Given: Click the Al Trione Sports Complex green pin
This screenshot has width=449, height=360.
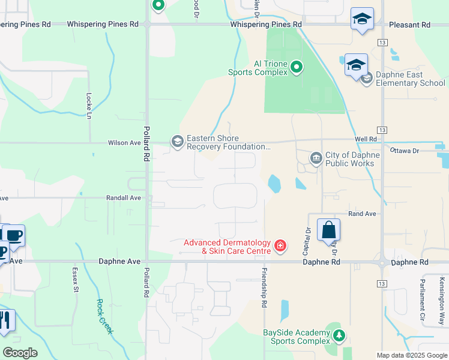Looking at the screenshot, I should (x=297, y=68).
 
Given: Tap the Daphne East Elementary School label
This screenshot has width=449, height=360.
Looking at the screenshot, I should (x=411, y=79).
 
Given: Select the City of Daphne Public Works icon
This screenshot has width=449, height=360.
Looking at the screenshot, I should (x=316, y=158).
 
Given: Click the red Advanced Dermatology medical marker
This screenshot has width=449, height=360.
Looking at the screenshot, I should (x=279, y=245).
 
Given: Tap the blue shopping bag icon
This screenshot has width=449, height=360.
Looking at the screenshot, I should (x=328, y=230).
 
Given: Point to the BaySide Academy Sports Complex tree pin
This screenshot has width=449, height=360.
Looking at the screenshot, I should (x=340, y=336).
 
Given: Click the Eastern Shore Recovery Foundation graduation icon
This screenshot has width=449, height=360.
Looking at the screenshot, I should (x=177, y=142).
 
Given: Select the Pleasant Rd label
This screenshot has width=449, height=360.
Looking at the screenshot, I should (x=409, y=25).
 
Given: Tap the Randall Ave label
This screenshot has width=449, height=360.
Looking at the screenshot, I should (x=124, y=197).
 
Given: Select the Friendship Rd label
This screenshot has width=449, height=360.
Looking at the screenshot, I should (x=264, y=289).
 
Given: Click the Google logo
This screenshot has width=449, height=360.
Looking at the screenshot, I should (x=20, y=353).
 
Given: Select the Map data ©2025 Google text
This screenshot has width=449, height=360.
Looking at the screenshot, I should (x=412, y=355).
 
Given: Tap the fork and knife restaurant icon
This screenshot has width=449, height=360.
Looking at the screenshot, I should (x=6, y=322).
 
